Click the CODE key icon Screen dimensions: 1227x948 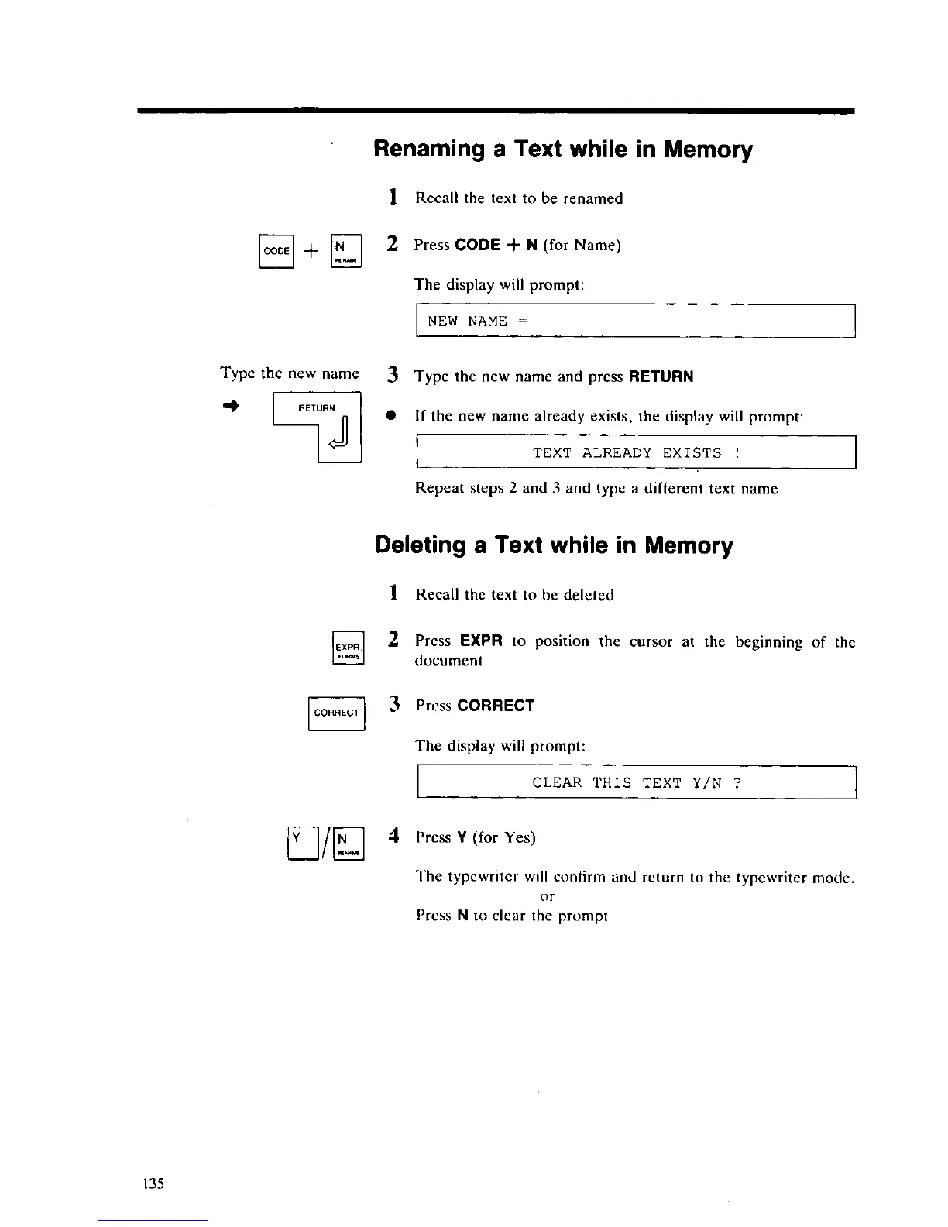coord(276,251)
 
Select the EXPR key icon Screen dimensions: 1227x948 coord(348,648)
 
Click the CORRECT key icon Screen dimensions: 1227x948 coord(336,713)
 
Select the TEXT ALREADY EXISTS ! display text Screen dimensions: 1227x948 coord(636,453)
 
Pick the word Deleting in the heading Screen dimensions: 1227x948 coord(420,545)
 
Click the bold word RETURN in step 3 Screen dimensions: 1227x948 coord(661,377)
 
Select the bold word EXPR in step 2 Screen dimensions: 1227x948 coord(481,641)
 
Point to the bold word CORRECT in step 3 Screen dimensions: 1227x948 coord(496,706)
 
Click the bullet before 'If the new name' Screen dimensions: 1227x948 coord(393,417)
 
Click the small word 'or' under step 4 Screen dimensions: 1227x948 coord(547,897)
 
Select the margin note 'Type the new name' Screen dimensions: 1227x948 coord(290,373)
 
